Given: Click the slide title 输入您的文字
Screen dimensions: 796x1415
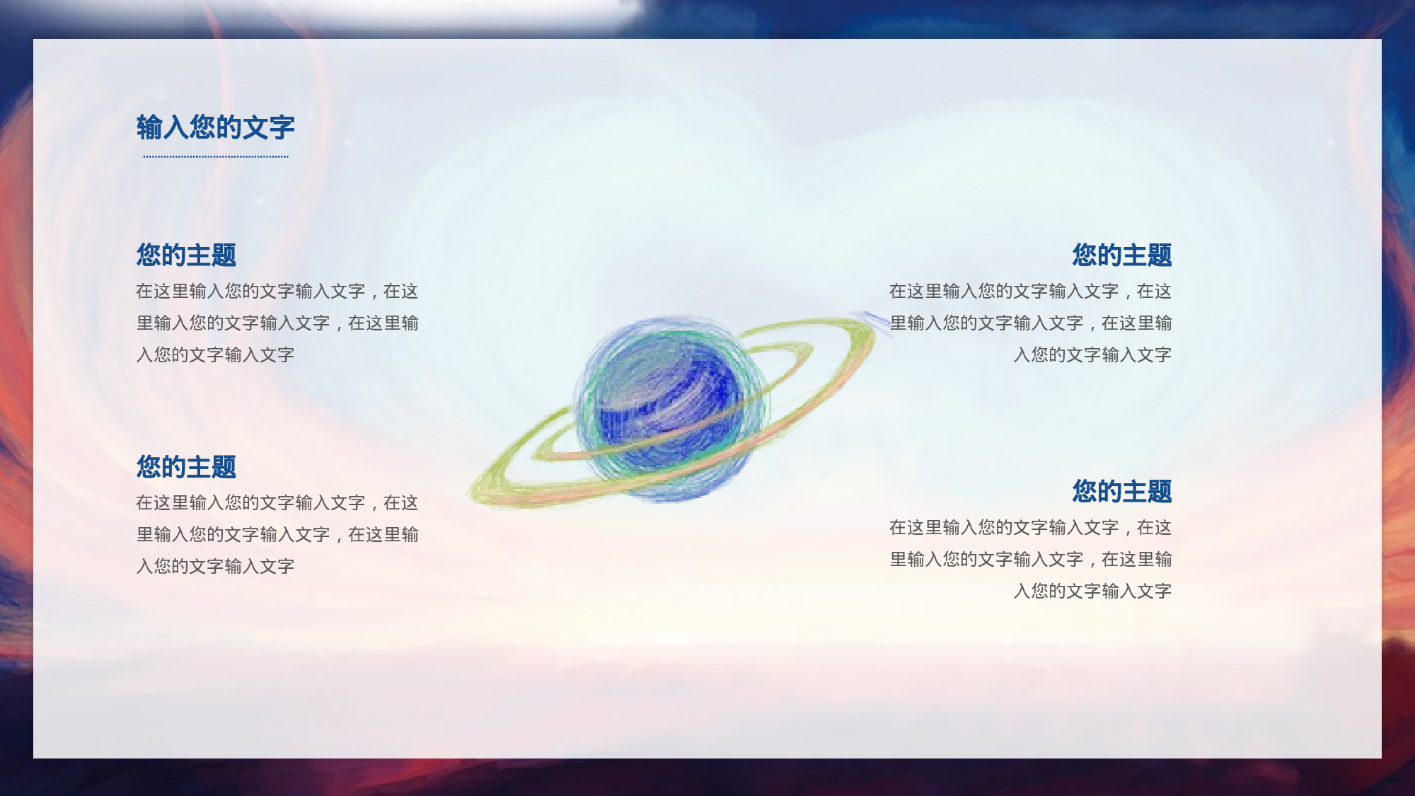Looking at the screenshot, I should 215,127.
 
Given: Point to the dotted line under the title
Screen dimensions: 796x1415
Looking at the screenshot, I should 215,156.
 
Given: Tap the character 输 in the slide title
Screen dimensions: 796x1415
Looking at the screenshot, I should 149,127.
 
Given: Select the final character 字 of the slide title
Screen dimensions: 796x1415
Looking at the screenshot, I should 282,127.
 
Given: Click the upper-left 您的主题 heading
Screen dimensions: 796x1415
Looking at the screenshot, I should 186,255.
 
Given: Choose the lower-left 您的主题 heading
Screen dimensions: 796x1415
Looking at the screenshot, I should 186,467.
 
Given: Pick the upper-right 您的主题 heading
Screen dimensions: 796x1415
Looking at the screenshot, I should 1121,255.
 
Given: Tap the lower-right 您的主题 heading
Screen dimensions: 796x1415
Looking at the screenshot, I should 1121,491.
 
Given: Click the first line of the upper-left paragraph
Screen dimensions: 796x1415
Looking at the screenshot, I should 277,291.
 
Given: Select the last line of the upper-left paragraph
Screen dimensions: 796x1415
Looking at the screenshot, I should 215,354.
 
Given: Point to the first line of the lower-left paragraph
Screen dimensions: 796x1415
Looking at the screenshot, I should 277,502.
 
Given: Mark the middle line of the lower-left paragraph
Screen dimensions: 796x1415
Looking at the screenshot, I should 277,534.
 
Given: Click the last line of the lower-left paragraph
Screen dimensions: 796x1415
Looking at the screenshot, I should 215,566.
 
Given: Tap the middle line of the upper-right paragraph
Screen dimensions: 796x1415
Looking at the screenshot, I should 1030,323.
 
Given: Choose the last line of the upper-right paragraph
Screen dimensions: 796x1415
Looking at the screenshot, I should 1092,354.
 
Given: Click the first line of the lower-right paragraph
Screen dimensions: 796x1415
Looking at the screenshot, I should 1030,527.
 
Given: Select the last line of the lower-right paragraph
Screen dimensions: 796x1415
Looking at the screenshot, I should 1092,591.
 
